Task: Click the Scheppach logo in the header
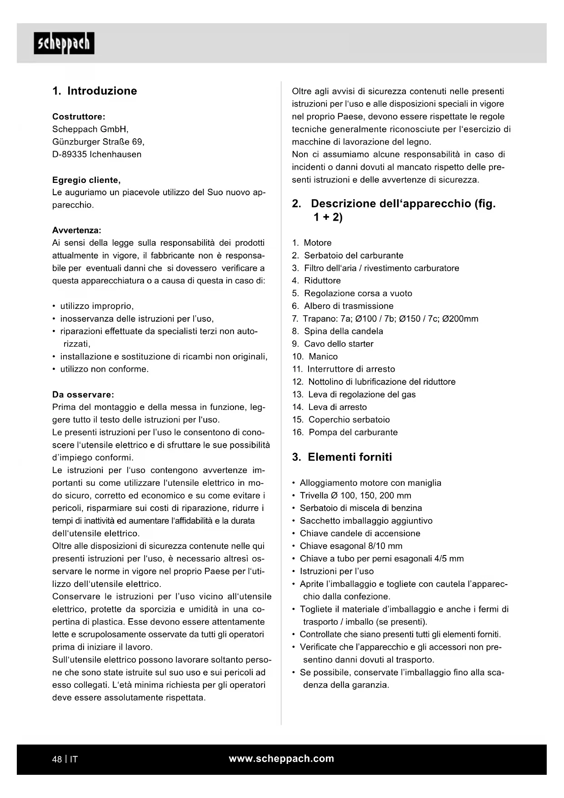[x=64, y=43]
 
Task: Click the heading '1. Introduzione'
[x=95, y=91]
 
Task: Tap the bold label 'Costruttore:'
[x=79, y=116]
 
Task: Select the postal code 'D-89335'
[x=69, y=154]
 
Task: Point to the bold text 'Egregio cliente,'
[x=86, y=180]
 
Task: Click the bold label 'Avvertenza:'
[x=77, y=230]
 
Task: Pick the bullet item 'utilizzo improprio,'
[x=97, y=306]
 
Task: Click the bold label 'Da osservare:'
[x=83, y=394]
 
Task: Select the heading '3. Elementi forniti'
[x=342, y=457]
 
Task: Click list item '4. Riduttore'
[x=316, y=281]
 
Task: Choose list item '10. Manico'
[x=315, y=357]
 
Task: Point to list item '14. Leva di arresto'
[x=329, y=407]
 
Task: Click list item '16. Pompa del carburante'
[x=345, y=432]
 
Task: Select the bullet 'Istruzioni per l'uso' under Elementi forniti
[x=337, y=571]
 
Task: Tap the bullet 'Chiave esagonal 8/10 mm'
[x=351, y=546]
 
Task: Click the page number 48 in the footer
[x=57, y=759]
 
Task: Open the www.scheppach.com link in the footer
[x=281, y=758]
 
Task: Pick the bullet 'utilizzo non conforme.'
[x=105, y=369]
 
